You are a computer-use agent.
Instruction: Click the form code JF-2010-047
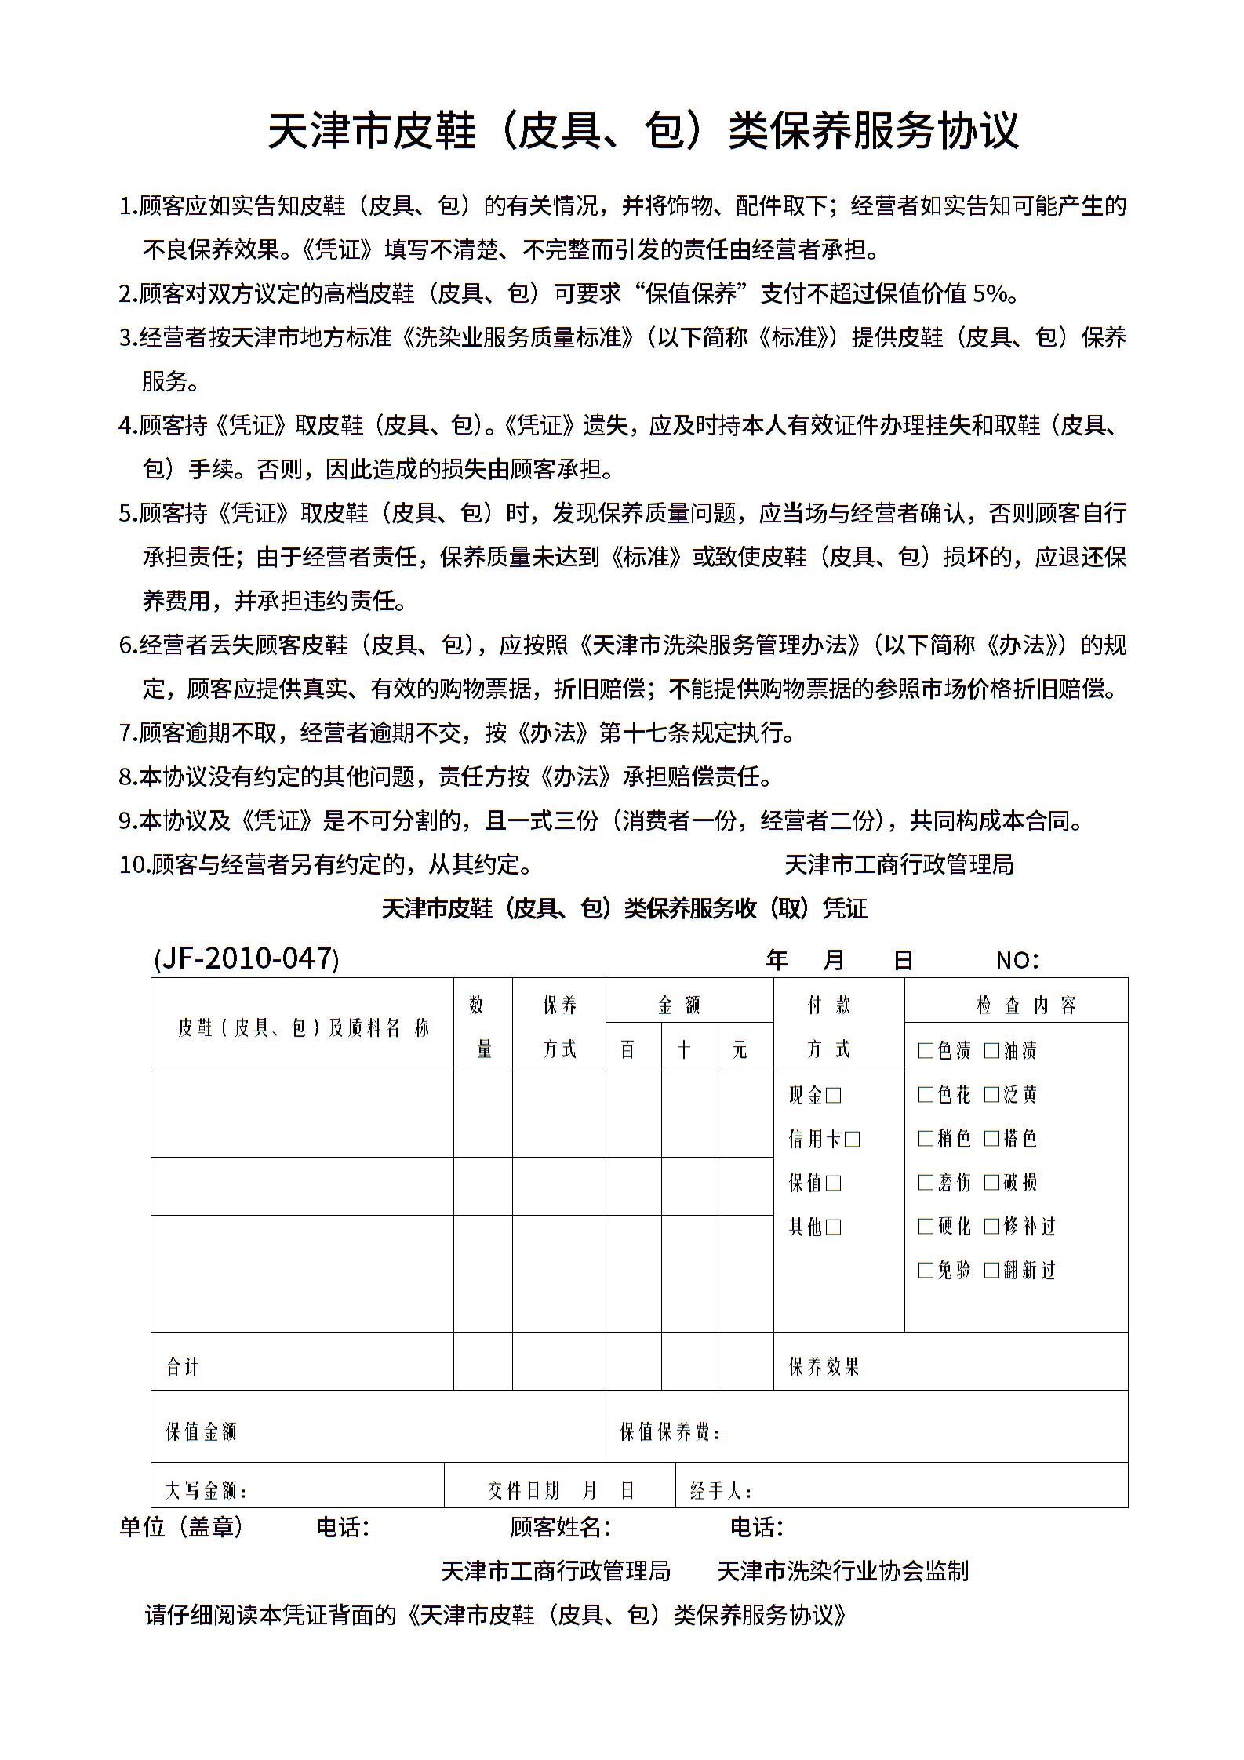246,958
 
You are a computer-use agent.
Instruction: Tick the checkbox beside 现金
834,1095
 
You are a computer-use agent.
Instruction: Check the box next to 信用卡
853,1139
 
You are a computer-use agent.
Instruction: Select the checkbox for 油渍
992,1050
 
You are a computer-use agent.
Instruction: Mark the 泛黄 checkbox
992,1094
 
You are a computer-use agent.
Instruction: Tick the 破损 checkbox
992,1182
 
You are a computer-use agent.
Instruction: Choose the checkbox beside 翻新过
992,1270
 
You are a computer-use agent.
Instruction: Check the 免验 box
926,1270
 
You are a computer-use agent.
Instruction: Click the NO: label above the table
1017,960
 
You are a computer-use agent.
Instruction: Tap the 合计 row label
183,1367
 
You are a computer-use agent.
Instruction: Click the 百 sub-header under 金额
627,1049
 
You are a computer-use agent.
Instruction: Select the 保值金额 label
201,1431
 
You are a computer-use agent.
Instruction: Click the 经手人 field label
721,1490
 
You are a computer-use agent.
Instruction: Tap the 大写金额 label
206,1490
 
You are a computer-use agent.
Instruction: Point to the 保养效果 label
824,1367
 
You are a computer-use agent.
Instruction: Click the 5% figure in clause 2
990,293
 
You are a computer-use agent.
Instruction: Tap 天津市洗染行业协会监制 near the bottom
843,1571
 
